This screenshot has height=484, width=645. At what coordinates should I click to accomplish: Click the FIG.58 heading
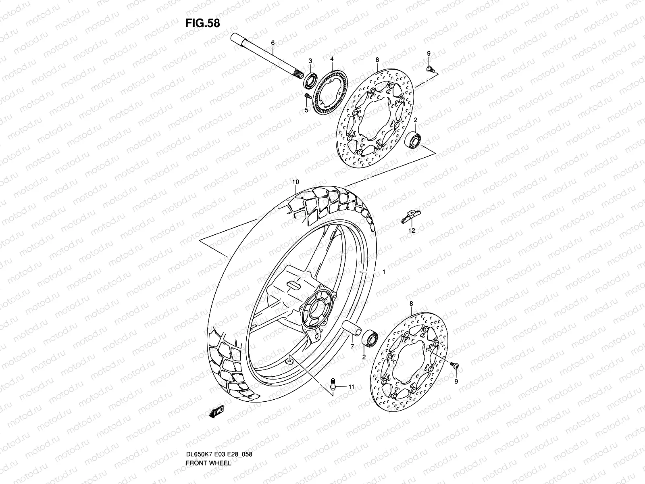click(x=202, y=23)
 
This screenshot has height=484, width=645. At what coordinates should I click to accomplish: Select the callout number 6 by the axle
click(x=273, y=43)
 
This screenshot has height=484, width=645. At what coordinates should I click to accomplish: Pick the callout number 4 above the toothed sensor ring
click(x=332, y=59)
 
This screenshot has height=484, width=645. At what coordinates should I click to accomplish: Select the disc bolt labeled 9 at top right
click(x=430, y=69)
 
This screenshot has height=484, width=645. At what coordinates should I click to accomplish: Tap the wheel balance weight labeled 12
click(x=410, y=217)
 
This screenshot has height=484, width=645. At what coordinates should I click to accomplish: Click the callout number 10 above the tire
click(x=295, y=182)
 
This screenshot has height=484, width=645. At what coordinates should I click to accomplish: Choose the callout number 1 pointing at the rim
click(x=384, y=272)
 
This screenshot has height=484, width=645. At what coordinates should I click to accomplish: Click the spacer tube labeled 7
click(x=351, y=328)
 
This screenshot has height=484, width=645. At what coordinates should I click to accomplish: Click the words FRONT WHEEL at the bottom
click(x=208, y=440)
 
